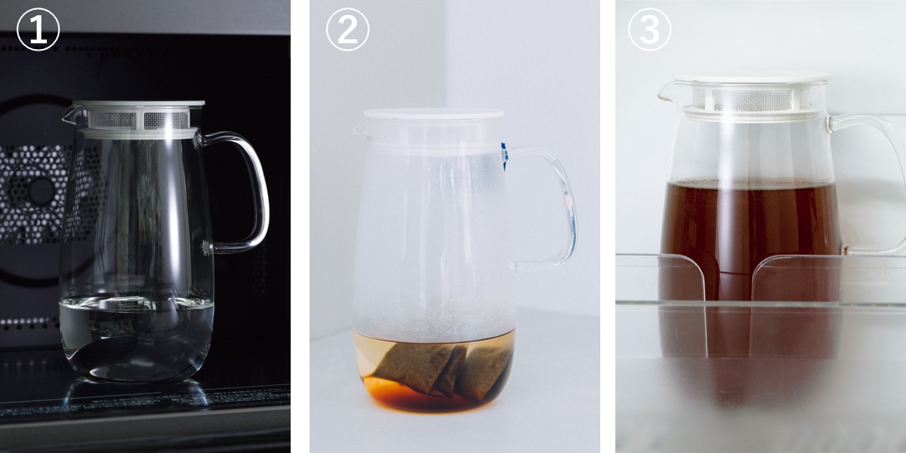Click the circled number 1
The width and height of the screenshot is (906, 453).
tap(38, 29)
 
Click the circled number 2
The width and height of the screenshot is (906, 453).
tap(347, 29)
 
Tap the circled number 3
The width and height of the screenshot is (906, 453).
tap(649, 29)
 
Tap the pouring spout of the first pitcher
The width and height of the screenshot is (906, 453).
tap(69, 115)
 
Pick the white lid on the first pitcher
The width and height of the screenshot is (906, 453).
tap(137, 104)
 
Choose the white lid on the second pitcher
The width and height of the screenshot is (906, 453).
tap(433, 114)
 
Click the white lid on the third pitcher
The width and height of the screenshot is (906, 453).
tap(751, 78)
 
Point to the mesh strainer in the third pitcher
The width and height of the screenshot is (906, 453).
tap(751, 100)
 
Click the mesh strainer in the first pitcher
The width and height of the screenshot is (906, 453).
tap(138, 120)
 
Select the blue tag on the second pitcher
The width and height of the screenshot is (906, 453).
tap(504, 156)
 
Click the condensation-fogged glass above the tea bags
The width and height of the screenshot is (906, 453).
tap(433, 242)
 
